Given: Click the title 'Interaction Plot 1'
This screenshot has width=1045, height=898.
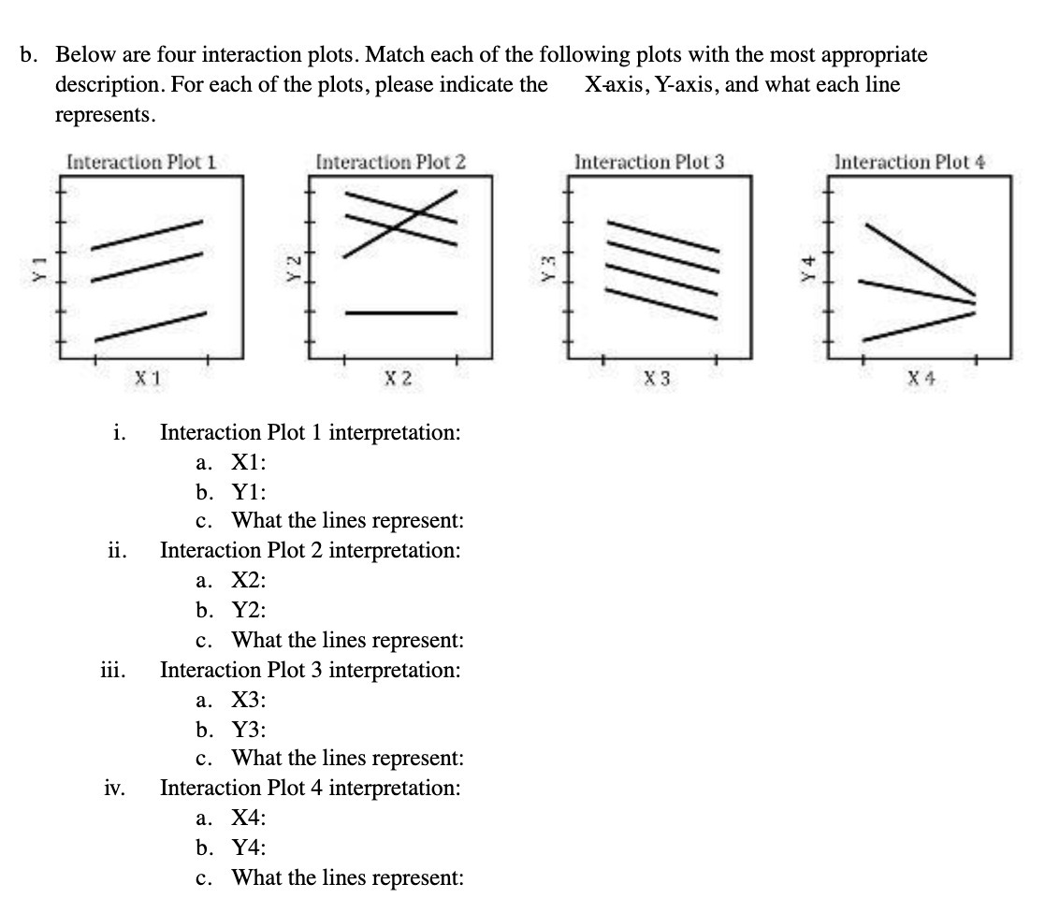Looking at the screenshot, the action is (141, 161).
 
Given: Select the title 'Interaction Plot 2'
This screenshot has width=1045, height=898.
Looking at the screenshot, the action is (391, 161).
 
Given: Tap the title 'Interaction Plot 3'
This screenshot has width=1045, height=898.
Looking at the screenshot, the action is (649, 161).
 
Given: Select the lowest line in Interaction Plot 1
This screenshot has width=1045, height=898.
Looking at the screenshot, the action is (150, 326).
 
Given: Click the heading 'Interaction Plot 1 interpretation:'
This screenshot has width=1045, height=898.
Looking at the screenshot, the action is (310, 433).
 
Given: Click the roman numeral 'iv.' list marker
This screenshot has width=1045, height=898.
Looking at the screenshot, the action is (114, 789).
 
